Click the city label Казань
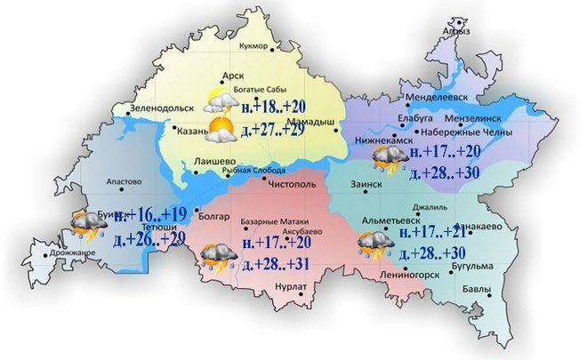191,132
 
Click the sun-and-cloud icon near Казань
218,130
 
